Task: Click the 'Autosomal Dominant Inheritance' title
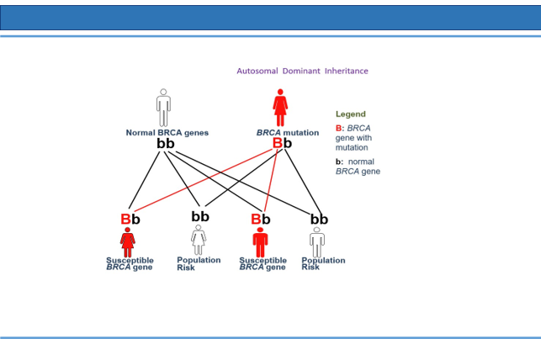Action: pyautogui.click(x=302, y=71)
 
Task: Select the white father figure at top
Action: pyautogui.click(x=163, y=108)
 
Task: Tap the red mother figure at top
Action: pyautogui.click(x=280, y=108)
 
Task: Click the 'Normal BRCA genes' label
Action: pyautogui.click(x=167, y=133)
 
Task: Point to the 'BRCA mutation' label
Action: pyautogui.click(x=288, y=133)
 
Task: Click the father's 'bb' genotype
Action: pyautogui.click(x=166, y=144)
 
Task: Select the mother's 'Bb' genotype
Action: pyautogui.click(x=282, y=143)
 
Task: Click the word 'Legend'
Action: pyautogui.click(x=351, y=114)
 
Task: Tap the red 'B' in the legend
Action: pyautogui.click(x=338, y=129)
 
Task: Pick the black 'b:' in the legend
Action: pyautogui.click(x=340, y=161)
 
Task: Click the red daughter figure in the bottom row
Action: pyautogui.click(x=128, y=242)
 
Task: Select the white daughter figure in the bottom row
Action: pyautogui.click(x=199, y=240)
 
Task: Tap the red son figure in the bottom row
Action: pyautogui.click(x=260, y=242)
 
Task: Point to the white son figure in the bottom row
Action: pyautogui.click(x=317, y=242)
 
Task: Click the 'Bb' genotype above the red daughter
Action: pyautogui.click(x=130, y=220)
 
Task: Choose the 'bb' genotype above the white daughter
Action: pyautogui.click(x=200, y=216)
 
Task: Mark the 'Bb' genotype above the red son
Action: pyautogui.click(x=261, y=220)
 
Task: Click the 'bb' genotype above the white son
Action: pyautogui.click(x=319, y=220)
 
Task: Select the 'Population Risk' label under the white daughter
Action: pyautogui.click(x=199, y=264)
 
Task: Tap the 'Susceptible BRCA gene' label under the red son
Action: pyautogui.click(x=263, y=264)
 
